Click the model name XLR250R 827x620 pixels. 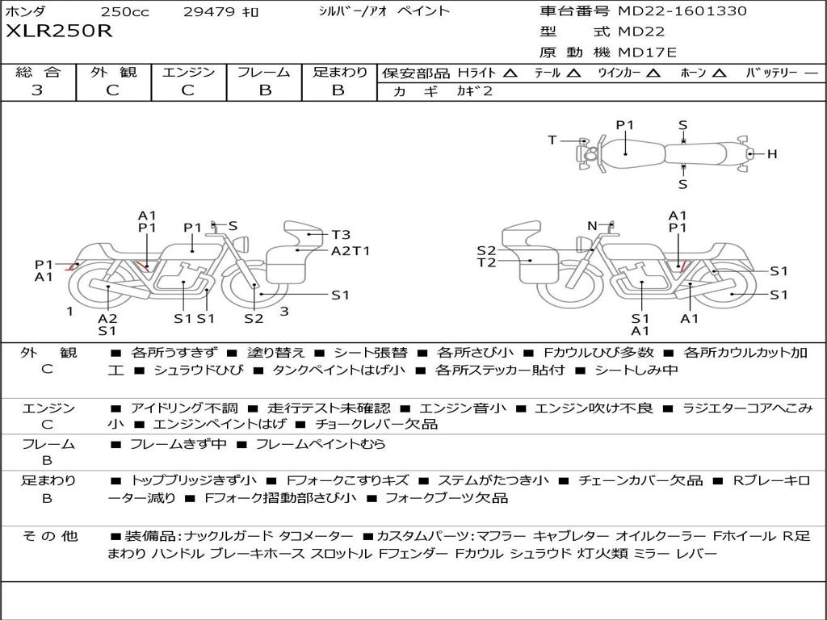[x=59, y=32]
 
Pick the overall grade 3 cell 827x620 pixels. [x=37, y=90]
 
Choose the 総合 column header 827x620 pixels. [x=37, y=73]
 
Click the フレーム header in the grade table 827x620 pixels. [x=264, y=73]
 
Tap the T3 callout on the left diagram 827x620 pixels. [x=341, y=235]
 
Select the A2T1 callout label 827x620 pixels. [x=350, y=251]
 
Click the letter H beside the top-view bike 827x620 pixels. [x=771, y=153]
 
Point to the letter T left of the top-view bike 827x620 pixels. [x=552, y=140]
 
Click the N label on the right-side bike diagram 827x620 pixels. [x=592, y=226]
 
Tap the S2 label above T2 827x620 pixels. [x=486, y=251]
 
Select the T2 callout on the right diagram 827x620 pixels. [x=486, y=262]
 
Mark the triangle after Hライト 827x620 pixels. [x=510, y=73]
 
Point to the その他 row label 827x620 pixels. [x=49, y=536]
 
